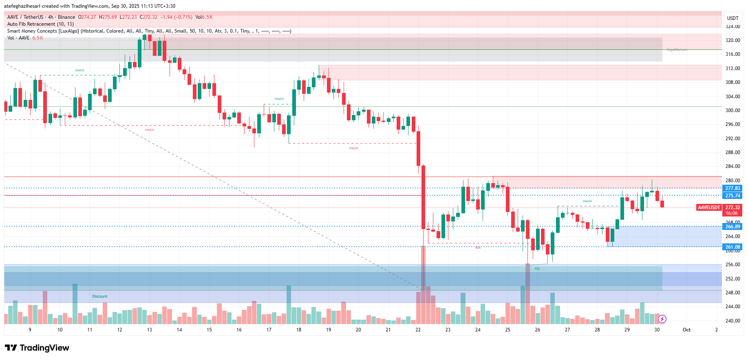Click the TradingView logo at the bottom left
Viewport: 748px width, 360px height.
[37, 348]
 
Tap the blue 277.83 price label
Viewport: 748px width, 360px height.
[733, 188]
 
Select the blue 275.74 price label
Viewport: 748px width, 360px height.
[733, 196]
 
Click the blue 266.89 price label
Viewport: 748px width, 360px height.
[733, 227]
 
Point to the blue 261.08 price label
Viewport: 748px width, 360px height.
[733, 247]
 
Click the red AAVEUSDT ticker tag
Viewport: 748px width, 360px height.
[708, 208]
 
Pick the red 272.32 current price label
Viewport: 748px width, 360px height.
[733, 208]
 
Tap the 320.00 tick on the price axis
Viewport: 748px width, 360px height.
[733, 40]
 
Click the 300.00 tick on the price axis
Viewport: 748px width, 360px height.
[733, 110]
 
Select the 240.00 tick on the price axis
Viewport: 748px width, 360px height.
[733, 321]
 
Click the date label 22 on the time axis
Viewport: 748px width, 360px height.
[418, 330]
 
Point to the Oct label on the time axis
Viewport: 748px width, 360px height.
[686, 330]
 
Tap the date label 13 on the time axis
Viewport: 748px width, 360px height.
[150, 330]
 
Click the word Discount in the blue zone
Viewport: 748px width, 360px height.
[100, 296]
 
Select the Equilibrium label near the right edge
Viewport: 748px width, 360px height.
[677, 50]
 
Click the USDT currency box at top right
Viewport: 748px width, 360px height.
[733, 18]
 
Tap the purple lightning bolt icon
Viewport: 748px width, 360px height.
[662, 319]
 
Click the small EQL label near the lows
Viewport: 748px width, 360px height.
[537, 268]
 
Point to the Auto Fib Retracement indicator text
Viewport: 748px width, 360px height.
[40, 24]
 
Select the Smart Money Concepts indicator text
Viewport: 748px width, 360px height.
[149, 31]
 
